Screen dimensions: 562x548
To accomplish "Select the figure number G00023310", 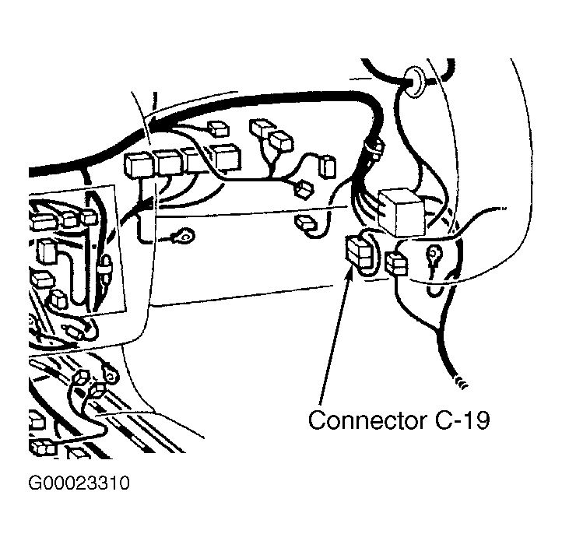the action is point(79,483).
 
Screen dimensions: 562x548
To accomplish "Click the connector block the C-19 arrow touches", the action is point(360,252).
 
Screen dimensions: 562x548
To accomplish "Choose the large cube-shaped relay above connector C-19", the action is point(402,213).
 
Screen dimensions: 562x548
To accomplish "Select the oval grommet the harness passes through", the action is point(413,81).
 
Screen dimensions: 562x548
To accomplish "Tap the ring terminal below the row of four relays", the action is point(184,235).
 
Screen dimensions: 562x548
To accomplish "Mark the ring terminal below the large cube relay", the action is point(433,256).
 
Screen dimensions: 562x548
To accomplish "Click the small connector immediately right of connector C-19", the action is point(396,263).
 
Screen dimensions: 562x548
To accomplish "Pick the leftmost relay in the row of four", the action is point(139,166).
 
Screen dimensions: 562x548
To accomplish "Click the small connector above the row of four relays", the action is point(219,129).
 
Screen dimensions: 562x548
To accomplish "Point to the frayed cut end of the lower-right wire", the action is point(462,382).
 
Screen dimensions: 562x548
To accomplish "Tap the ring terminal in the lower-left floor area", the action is point(111,372).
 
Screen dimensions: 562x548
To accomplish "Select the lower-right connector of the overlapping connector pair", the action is point(281,141).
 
